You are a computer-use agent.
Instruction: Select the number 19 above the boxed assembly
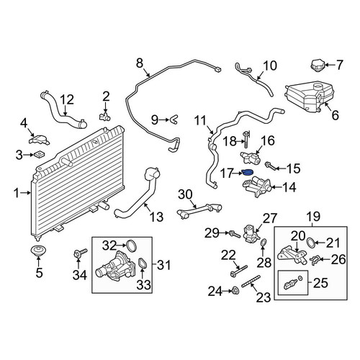(312, 217)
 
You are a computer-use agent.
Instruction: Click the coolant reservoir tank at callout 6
(310, 96)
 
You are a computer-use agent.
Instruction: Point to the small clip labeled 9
(174, 120)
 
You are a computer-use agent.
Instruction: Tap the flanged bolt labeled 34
(80, 253)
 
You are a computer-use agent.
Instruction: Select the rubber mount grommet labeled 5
(38, 251)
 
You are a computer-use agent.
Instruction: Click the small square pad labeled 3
(40, 155)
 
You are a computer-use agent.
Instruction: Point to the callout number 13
(156, 217)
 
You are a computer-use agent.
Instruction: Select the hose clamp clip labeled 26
(315, 260)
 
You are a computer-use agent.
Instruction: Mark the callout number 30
(185, 194)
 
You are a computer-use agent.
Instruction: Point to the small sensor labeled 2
(105, 116)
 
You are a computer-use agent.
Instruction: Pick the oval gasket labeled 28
(264, 243)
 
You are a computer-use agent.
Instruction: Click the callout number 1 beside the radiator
(17, 193)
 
